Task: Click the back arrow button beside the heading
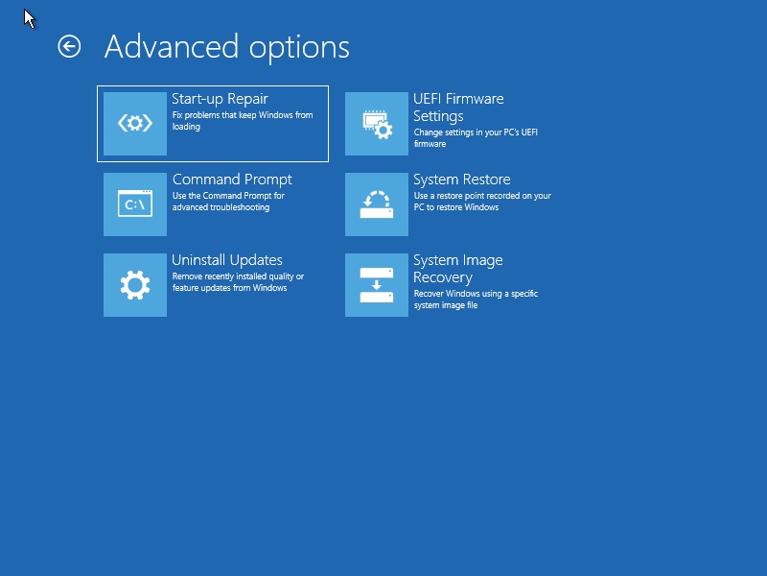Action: [69, 47]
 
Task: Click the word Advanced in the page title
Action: [172, 47]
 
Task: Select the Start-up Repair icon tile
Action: [135, 124]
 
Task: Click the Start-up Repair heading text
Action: [220, 99]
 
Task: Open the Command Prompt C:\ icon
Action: [135, 204]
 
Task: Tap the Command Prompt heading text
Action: [232, 180]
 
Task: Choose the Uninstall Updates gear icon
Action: [135, 285]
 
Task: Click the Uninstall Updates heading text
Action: [227, 259]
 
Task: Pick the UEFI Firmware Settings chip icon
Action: [377, 124]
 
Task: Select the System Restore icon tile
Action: [377, 204]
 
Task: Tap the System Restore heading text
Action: [462, 180]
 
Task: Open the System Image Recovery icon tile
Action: [377, 285]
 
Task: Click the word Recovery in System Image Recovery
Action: [443, 277]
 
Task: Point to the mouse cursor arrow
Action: [30, 18]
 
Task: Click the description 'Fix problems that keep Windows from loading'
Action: [243, 121]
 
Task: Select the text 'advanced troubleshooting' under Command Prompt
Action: [221, 207]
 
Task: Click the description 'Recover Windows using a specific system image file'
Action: [476, 300]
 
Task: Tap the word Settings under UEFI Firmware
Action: [438, 116]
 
